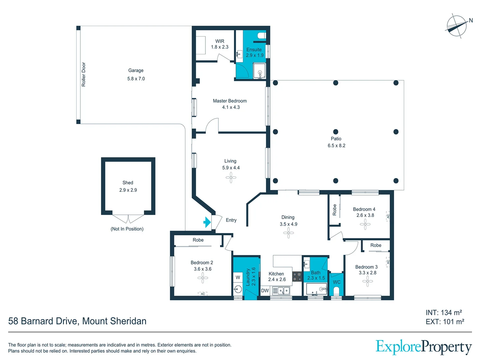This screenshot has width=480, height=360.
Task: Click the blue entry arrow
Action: pos(207,222)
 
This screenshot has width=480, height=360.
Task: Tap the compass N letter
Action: pos(471,21)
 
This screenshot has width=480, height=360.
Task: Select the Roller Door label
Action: pos(83,74)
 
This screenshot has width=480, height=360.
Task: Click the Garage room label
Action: pos(136,70)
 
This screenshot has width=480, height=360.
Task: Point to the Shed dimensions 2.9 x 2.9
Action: pos(128,190)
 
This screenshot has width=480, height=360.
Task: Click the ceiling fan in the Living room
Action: pos(231,177)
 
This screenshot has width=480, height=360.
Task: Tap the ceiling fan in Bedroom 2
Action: pos(203,278)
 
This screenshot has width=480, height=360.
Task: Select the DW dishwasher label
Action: pos(265,291)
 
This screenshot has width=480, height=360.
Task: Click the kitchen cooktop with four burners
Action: pos(297,277)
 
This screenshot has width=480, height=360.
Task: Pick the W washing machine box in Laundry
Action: pos(238,277)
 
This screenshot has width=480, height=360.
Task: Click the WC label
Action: pos(337,282)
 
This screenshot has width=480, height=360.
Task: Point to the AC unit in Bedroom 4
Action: pos(388,216)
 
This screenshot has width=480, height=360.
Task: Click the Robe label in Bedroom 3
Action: pos(376,245)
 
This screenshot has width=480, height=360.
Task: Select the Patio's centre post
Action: pos(336,132)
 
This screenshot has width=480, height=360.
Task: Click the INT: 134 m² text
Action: pos(444,313)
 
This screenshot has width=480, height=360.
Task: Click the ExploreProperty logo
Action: pos(424,347)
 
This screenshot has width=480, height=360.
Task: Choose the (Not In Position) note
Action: pos(127,229)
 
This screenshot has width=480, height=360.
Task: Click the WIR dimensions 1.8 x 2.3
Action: pos(220,47)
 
